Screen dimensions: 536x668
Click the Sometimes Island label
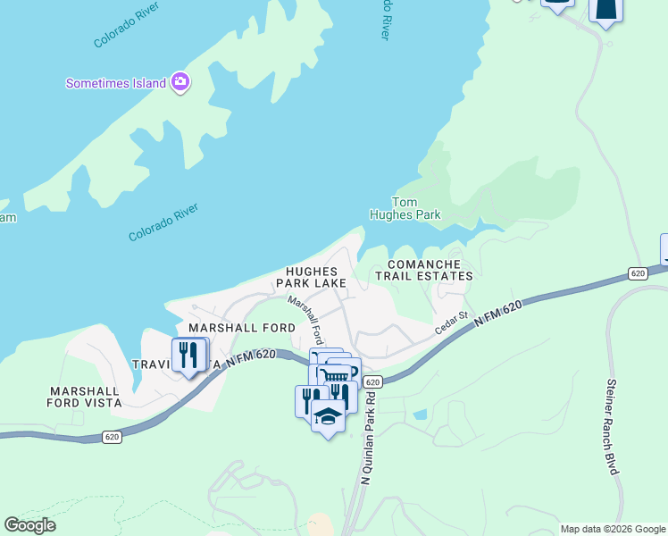tap(116, 83)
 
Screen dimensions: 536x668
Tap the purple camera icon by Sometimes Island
tap(180, 82)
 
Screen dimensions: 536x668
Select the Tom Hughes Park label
tap(405, 209)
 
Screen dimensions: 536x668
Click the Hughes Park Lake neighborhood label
tap(312, 277)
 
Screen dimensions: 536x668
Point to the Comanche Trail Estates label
tap(423, 271)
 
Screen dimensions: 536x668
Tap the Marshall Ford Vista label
tap(85, 397)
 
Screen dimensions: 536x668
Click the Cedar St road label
tap(451, 322)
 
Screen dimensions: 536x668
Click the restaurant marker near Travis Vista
tap(188, 355)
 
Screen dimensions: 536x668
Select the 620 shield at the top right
tap(636, 272)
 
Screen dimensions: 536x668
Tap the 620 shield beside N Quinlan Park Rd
tap(373, 381)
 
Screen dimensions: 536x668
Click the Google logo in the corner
tap(30, 525)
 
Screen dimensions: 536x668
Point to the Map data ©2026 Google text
tap(613, 529)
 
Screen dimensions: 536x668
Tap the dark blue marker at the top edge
tap(605, 9)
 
